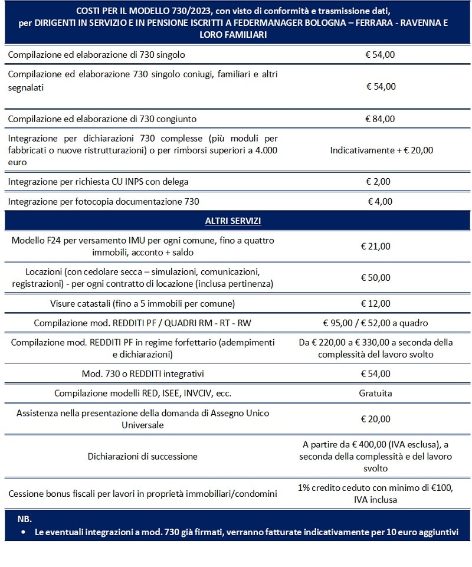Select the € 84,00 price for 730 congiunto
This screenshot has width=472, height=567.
pos(381,119)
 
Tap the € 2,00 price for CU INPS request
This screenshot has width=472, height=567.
pos(378,181)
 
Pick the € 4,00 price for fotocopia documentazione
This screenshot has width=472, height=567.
pos(380,201)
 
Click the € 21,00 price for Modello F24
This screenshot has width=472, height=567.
pos(375,247)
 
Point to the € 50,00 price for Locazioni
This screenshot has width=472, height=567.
pos(375,277)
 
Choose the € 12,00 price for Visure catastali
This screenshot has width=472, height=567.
pos(375,304)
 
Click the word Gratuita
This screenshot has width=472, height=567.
pos(375,393)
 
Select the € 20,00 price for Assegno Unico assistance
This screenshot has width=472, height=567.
pos(375,419)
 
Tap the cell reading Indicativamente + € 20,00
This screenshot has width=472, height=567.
pos(381,150)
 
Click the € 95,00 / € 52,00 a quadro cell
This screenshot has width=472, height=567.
pos(375,323)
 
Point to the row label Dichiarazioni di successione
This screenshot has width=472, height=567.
pos(143,456)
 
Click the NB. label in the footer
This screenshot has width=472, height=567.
pos(24,519)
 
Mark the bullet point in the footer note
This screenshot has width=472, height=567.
pos(22,532)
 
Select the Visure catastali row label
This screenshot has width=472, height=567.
pos(143,304)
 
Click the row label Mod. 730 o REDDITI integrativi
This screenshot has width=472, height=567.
pos(143,374)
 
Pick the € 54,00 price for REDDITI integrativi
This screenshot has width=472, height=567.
pos(375,374)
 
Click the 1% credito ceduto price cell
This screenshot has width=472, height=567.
pos(375,493)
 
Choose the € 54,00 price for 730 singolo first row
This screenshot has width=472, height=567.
pos(381,54)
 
